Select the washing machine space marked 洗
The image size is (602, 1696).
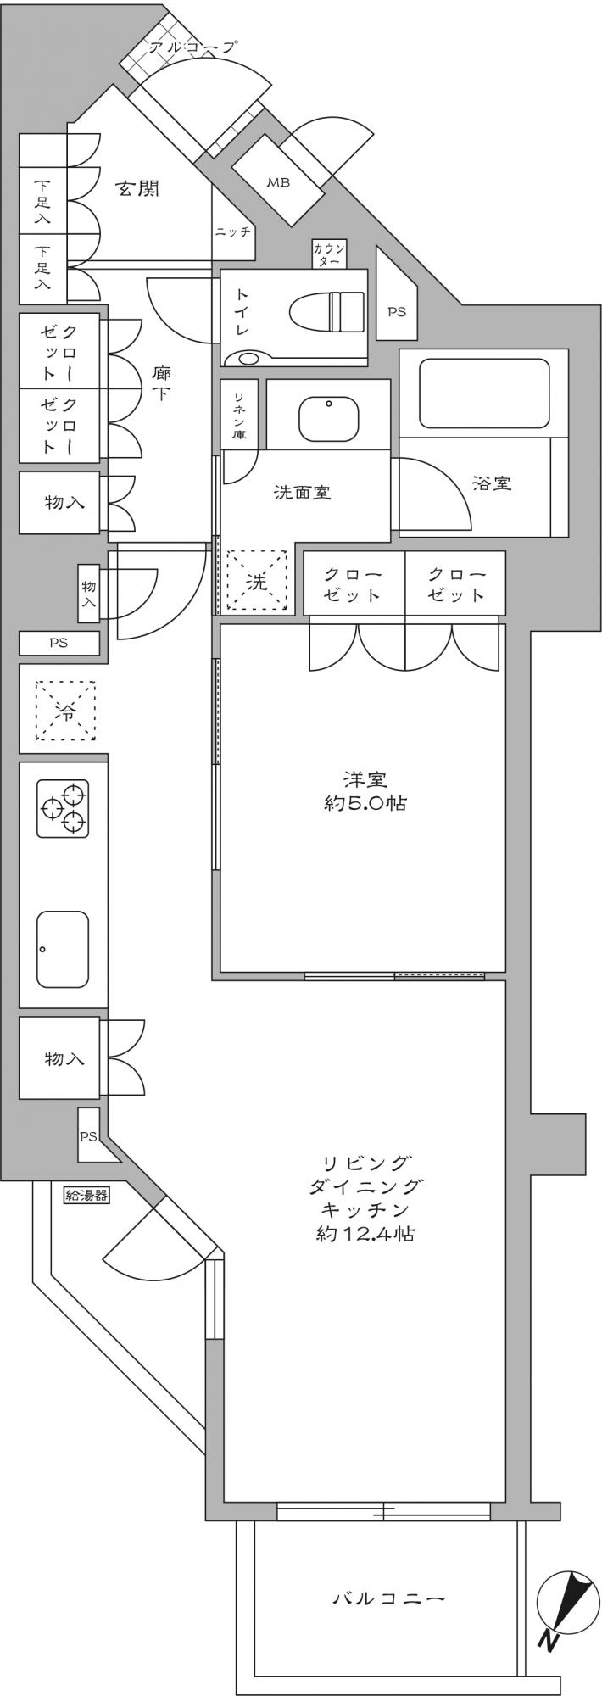256,581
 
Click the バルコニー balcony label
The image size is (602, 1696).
388,1599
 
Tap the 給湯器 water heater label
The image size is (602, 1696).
87,1196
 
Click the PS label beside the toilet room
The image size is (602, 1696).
397,311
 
